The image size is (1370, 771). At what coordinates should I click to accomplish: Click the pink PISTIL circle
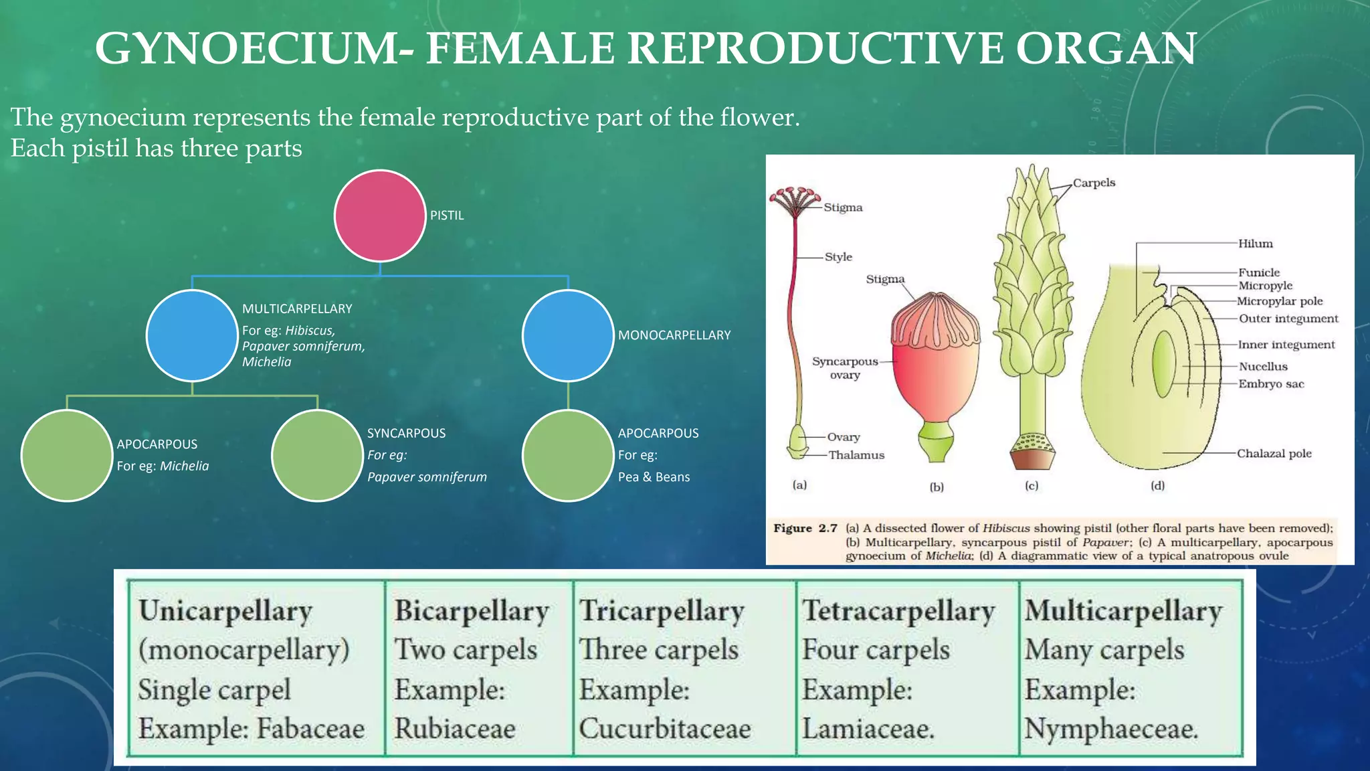380,216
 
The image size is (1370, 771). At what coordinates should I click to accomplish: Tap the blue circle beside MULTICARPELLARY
192,335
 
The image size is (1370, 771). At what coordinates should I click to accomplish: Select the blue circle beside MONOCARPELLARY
568,335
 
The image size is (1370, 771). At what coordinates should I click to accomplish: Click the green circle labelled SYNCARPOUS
317,455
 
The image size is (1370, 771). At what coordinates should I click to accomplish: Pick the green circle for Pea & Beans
568,455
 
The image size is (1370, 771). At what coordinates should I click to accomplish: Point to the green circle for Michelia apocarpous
66,455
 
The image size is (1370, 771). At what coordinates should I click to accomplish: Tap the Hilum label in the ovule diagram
1255,244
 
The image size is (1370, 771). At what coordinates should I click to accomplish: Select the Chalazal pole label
1274,453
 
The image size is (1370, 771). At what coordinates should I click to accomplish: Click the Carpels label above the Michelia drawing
1094,183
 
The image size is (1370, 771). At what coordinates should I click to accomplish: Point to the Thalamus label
856,455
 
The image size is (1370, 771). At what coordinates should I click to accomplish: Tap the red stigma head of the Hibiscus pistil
795,201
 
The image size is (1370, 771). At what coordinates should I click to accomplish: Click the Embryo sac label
1270,383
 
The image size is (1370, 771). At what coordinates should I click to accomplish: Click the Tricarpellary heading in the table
661,610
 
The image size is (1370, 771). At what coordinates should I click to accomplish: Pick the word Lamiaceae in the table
868,728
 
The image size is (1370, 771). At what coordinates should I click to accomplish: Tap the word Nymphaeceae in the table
1110,728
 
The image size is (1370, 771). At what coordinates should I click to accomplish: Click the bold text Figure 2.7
805,528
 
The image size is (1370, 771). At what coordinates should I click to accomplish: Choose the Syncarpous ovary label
845,367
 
